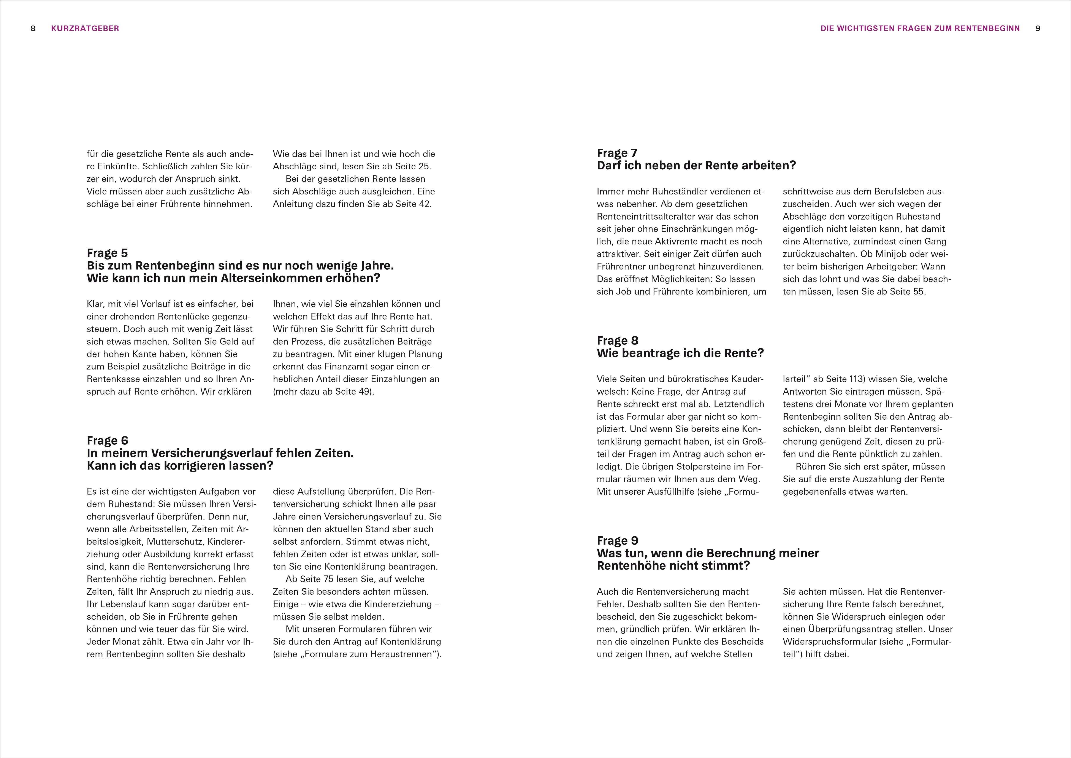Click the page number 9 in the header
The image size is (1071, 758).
coord(1038,29)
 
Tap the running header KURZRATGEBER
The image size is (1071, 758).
coord(85,29)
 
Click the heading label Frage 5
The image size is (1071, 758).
coord(107,253)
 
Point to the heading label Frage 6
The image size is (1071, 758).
coord(107,441)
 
